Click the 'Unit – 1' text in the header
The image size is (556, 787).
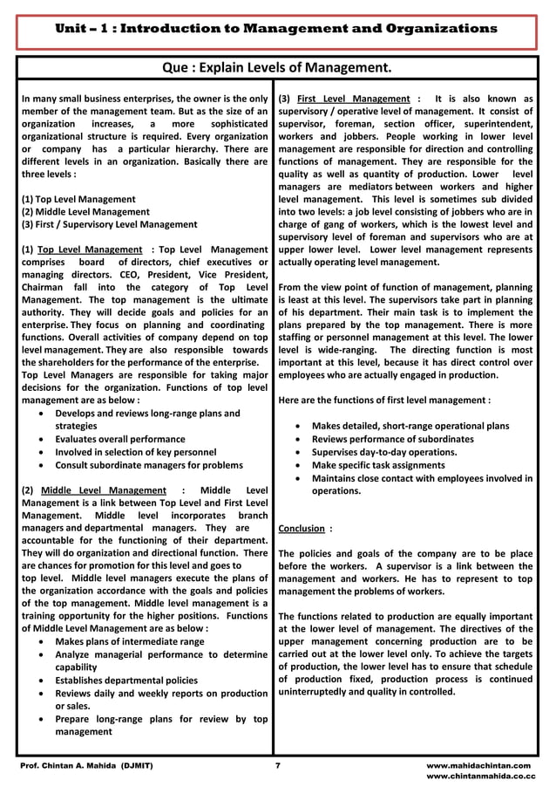click(84, 28)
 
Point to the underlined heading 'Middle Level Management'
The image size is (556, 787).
click(103, 490)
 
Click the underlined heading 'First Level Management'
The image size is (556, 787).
click(353, 99)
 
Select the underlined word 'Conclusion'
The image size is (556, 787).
click(301, 528)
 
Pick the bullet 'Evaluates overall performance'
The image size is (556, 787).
click(119, 439)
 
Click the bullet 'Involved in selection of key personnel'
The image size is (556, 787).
click(135, 452)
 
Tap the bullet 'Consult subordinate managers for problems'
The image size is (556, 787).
click(148, 465)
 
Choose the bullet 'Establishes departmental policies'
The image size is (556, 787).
click(125, 680)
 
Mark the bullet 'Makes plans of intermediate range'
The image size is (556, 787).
click(129, 641)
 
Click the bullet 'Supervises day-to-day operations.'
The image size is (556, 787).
click(384, 452)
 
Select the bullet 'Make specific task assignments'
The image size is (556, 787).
click(378, 465)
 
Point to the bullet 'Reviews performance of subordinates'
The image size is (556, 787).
click(392, 439)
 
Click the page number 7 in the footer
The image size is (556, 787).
click(277, 764)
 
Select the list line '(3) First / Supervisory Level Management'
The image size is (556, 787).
click(110, 224)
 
